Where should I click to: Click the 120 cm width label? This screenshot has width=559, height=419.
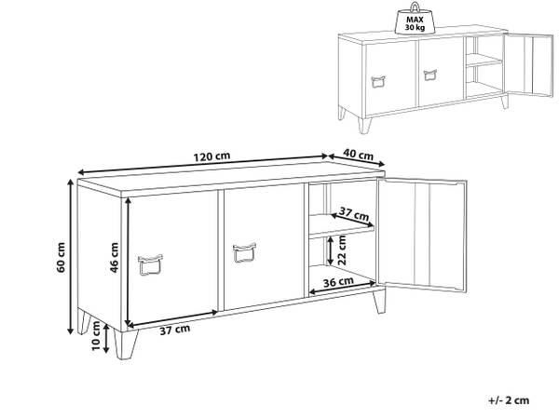pos(211,156)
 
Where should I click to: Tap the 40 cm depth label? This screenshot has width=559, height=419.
pos(359,155)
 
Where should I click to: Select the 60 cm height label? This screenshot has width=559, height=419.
pos(61,257)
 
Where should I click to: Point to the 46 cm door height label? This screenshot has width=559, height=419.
pos(114,258)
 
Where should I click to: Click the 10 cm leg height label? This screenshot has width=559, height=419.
pos(96,335)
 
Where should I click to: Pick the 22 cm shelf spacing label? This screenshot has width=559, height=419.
pos(342,250)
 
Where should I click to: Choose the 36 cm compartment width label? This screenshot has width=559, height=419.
pos(338,282)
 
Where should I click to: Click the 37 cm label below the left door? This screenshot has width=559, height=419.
pos(175,330)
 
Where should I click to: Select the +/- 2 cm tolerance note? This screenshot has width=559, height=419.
pos(509,400)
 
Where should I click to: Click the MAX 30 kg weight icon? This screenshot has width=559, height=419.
pos(415,20)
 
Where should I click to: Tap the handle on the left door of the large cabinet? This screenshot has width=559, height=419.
pos(150,264)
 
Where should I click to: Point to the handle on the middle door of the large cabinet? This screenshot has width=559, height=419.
pos(244,252)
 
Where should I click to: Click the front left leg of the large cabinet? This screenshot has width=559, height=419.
pos(126,344)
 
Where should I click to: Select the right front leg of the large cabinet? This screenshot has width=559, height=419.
pos(380,301)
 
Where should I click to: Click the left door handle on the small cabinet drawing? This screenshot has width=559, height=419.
pos(378,82)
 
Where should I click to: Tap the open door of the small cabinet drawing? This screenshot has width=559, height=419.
pos(528,65)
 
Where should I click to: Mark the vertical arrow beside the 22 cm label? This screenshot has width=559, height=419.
pos(331,250)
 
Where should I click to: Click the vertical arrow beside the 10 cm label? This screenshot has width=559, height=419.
pos(106,339)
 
